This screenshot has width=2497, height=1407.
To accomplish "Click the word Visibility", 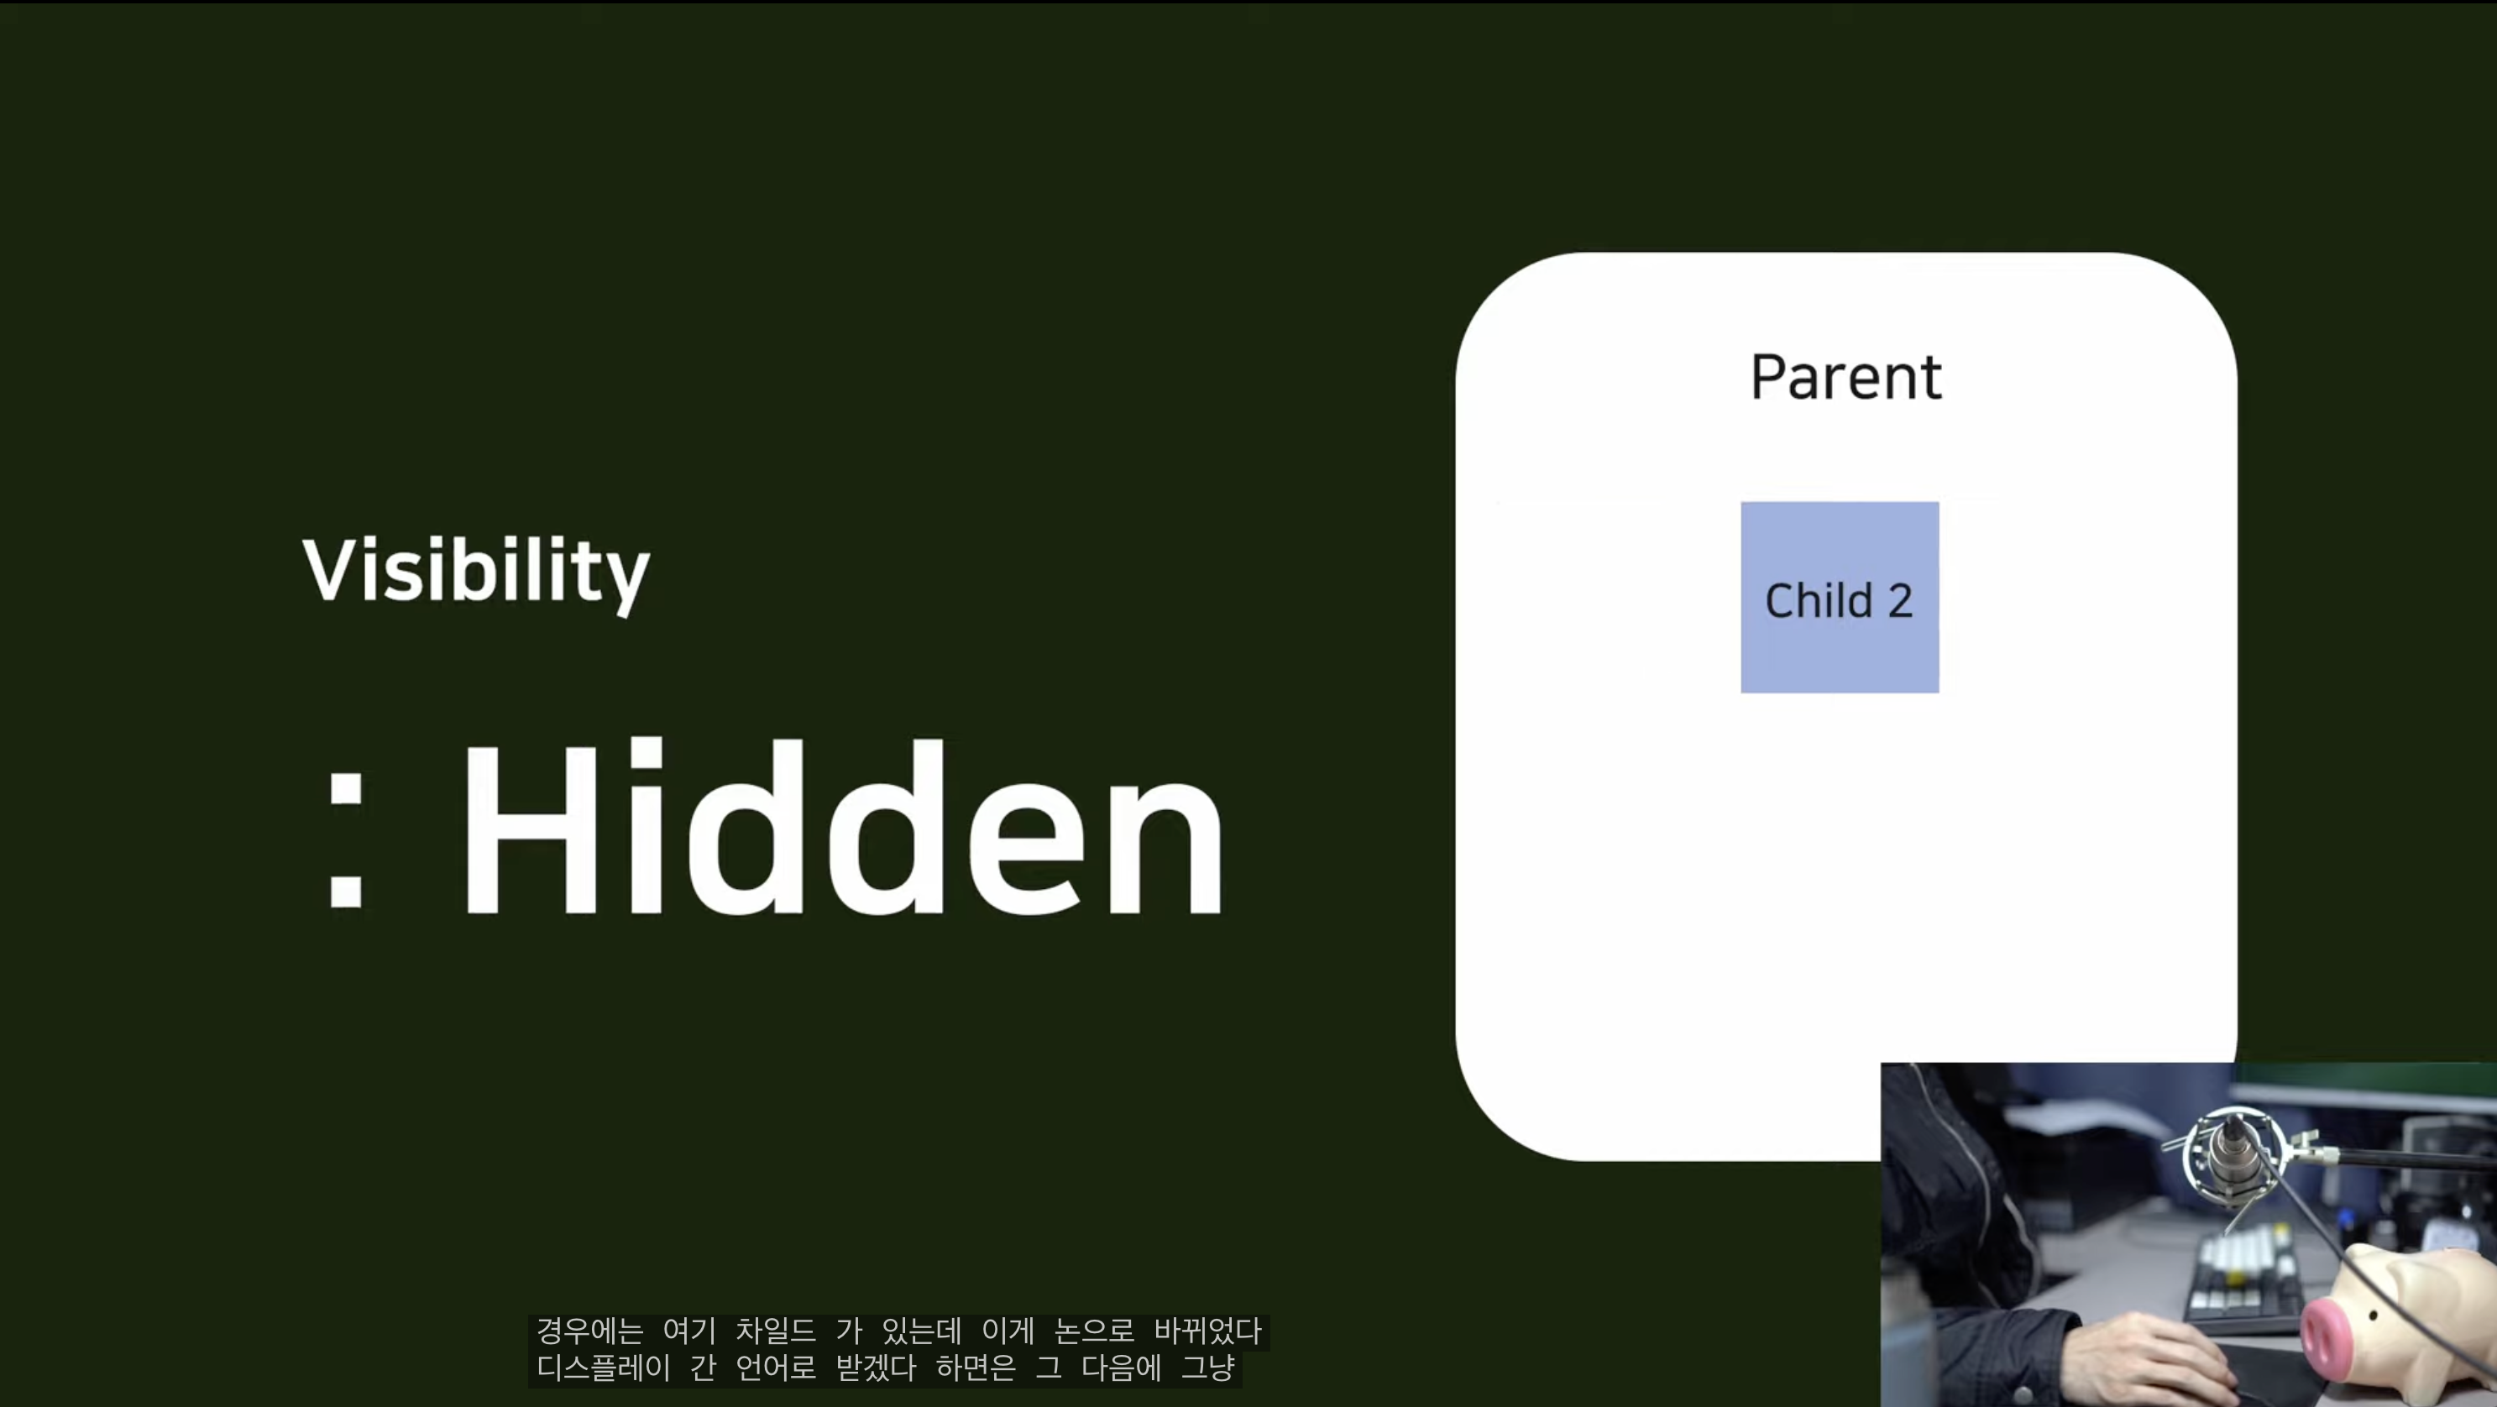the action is tap(476, 572).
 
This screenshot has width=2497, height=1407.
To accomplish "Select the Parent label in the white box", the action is tap(1845, 377).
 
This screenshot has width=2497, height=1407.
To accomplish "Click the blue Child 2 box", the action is tap(1840, 597).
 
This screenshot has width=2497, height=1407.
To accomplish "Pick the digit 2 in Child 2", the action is tap(1900, 601).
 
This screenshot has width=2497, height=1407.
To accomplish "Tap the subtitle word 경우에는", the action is tap(589, 1331).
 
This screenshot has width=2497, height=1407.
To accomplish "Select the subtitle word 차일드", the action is tap(776, 1331).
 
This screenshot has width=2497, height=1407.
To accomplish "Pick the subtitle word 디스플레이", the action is tap(603, 1368).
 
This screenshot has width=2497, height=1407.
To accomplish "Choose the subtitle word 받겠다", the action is tap(876, 1368).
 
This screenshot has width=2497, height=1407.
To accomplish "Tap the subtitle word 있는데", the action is tap(921, 1331).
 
